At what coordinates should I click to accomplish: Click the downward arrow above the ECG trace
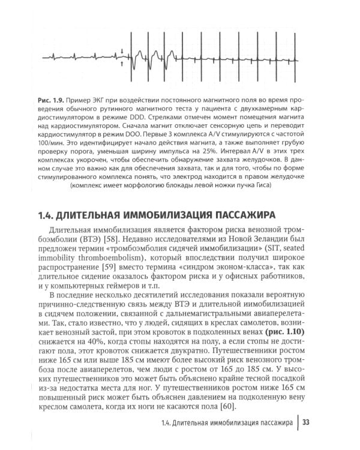pos(122,52)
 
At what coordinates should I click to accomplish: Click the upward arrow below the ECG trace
pos(122,63)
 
